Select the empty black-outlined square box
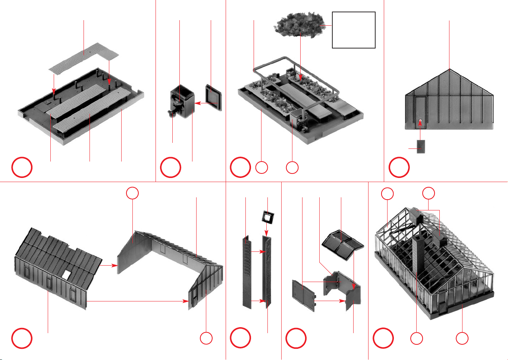point(354,30)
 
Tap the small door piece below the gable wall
point(421,146)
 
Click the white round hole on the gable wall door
point(420,120)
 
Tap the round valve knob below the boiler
point(172,114)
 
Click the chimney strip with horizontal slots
point(247,272)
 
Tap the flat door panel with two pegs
point(302,294)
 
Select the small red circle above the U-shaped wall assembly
point(132,193)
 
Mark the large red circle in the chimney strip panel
point(240,338)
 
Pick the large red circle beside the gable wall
point(399,168)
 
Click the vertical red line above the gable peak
point(449,45)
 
